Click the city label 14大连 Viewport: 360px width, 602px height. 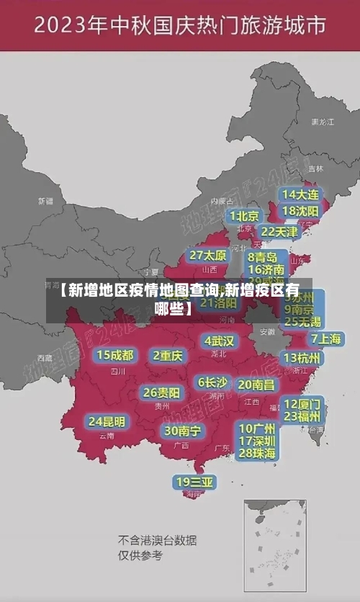(301, 194)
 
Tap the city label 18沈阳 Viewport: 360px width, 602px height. (301, 211)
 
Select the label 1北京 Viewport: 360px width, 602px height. (245, 216)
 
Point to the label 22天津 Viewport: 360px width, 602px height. (279, 232)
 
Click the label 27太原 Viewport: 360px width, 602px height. (208, 256)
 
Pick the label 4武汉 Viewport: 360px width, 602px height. (219, 341)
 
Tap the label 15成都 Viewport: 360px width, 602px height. (115, 355)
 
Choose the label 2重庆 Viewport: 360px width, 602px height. (168, 355)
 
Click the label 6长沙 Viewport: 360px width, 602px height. (212, 382)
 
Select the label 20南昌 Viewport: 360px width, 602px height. (256, 385)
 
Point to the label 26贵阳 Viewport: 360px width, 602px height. (161, 393)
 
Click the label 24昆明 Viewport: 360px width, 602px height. (107, 421)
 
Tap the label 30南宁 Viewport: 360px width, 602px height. (182, 431)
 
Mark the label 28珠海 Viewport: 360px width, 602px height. (258, 453)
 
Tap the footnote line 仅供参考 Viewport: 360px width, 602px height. (141, 555)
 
